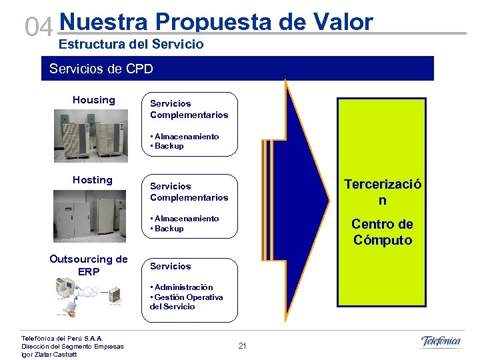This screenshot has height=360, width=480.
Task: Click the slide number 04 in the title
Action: pyautogui.click(x=38, y=27)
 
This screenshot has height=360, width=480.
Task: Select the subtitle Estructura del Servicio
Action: pyautogui.click(x=131, y=45)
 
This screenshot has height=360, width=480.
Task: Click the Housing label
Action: pyautogui.click(x=94, y=100)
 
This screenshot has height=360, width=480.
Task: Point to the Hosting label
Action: pyautogui.click(x=93, y=180)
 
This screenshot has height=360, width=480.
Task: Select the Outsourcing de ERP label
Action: pyautogui.click(x=89, y=265)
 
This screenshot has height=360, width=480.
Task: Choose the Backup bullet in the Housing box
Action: pyautogui.click(x=168, y=146)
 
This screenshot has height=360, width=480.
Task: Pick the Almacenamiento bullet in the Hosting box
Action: pyautogui.click(x=185, y=219)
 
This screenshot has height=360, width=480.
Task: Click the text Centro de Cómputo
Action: pyautogui.click(x=382, y=232)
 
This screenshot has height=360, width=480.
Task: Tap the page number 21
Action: pyautogui.click(x=242, y=346)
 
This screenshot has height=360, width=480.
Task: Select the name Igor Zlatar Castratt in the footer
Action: pyautogui.click(x=49, y=354)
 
